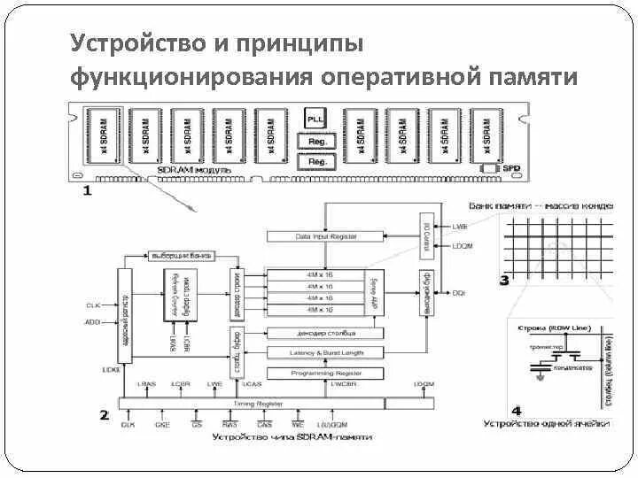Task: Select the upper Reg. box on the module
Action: click(x=316, y=141)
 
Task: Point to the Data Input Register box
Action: click(x=325, y=237)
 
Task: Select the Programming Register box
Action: click(x=325, y=374)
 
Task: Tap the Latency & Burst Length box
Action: click(x=325, y=353)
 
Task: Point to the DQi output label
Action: click(x=459, y=292)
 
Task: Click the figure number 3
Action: click(x=504, y=281)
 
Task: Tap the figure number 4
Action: click(x=517, y=411)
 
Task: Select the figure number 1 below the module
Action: click(x=87, y=189)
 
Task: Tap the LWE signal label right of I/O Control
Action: click(x=459, y=227)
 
